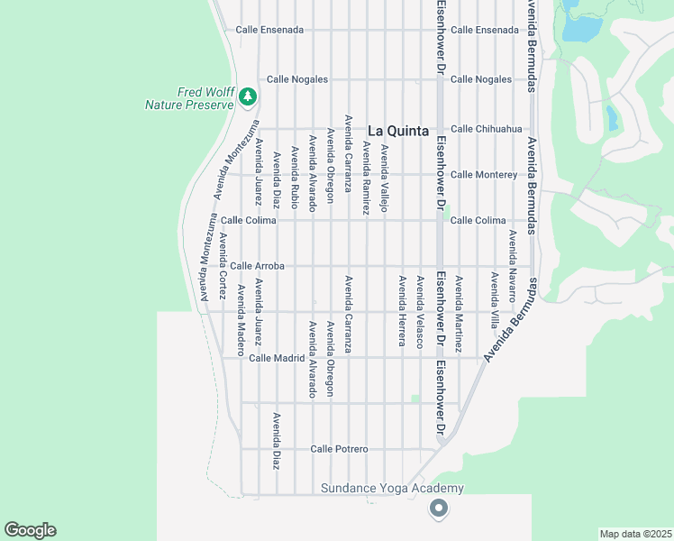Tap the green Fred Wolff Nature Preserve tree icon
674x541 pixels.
pyautogui.click(x=249, y=96)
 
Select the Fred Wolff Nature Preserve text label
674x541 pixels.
pyautogui.click(x=190, y=98)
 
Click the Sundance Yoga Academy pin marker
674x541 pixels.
pyautogui.click(x=439, y=509)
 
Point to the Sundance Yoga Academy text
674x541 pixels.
pyautogui.click(x=393, y=489)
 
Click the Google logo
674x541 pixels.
pyautogui.click(x=30, y=530)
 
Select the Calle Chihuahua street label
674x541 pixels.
pyautogui.click(x=487, y=129)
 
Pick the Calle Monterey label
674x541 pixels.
pyautogui.click(x=484, y=175)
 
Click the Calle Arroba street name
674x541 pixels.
pyautogui.click(x=257, y=266)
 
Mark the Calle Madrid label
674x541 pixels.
pyautogui.click(x=277, y=358)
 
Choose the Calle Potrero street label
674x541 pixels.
pyautogui.click(x=339, y=449)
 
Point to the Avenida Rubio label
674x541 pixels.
pyautogui.click(x=295, y=178)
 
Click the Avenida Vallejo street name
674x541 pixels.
pyautogui.click(x=385, y=179)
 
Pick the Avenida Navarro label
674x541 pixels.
pyautogui.click(x=512, y=265)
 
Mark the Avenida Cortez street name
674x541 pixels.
pyautogui.click(x=222, y=266)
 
